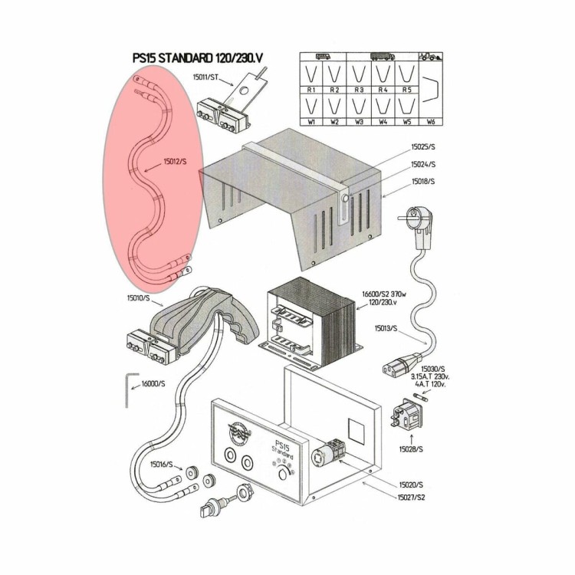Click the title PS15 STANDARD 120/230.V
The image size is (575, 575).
point(198,59)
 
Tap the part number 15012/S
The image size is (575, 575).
point(176,161)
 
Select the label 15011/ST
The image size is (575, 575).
point(205,77)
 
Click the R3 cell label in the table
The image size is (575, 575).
point(359,90)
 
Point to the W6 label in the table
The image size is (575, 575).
point(431,122)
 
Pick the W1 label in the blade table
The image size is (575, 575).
point(311,122)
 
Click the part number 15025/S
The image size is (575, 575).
point(423,147)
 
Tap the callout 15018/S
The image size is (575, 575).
point(423,181)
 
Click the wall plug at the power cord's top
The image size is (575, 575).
point(418,228)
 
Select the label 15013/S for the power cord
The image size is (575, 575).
point(386,329)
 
